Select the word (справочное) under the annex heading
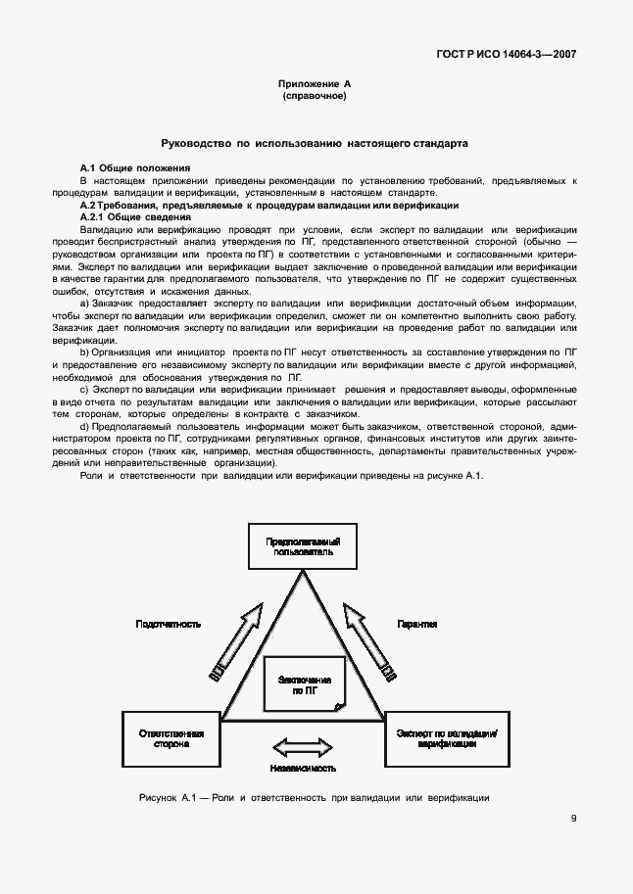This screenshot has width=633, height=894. pyautogui.click(x=315, y=98)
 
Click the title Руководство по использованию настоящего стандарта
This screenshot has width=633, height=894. pyautogui.click(x=315, y=143)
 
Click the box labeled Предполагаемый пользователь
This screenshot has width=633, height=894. pyautogui.click(x=303, y=545)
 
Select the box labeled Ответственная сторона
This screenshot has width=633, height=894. pyautogui.click(x=170, y=738)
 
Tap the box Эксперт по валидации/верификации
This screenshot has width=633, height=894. pyautogui.click(x=446, y=738)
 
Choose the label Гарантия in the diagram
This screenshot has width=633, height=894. pyautogui.click(x=416, y=624)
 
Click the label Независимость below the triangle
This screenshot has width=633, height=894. pyautogui.click(x=303, y=769)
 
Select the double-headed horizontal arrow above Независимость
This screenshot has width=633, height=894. pyautogui.click(x=303, y=748)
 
